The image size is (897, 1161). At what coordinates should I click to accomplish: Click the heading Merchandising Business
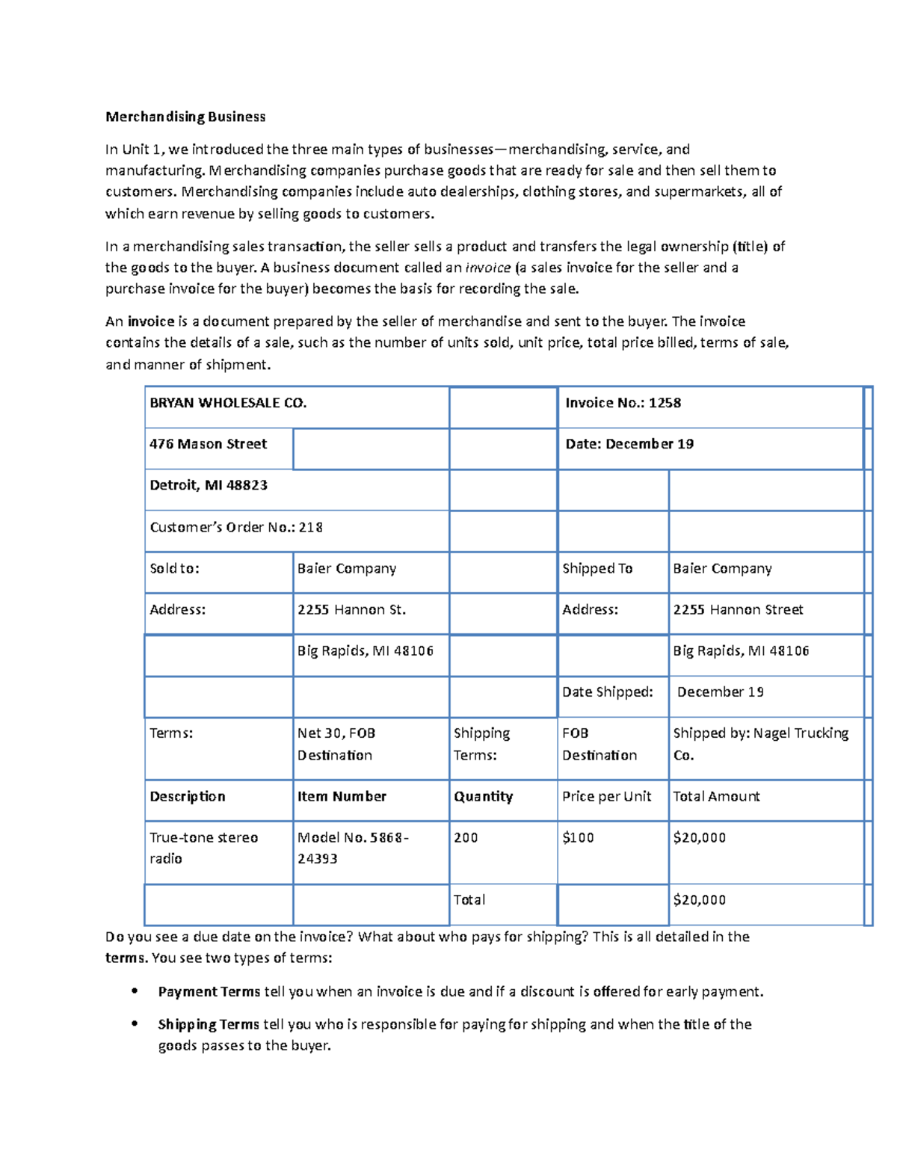pos(185,117)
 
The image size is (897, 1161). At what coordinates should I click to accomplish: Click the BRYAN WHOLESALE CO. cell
pos(228,403)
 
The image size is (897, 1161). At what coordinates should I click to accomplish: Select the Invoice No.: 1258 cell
pos(623,403)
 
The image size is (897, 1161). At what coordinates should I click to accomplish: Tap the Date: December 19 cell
pos(629,444)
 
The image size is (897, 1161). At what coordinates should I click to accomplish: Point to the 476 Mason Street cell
pos(208,444)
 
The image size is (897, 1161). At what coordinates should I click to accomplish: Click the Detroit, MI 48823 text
pos(209,485)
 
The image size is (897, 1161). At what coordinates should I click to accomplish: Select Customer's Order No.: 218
pos(236,527)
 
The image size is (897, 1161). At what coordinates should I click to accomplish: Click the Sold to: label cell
pos(175,568)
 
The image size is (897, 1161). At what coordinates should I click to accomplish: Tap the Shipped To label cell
pos(597,568)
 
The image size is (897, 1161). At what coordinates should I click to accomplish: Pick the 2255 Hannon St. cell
pos(351,609)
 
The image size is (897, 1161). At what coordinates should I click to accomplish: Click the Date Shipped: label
pos(607,692)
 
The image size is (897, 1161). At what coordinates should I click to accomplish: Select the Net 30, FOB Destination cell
pos(336,744)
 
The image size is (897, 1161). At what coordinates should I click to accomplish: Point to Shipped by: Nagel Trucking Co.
pos(760,744)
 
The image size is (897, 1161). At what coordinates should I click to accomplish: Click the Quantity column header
pos(483,796)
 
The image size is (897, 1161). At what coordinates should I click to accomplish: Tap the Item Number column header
pos(342,796)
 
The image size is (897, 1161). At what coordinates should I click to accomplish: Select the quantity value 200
pos(466,837)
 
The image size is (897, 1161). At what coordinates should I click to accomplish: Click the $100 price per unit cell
pos(578,837)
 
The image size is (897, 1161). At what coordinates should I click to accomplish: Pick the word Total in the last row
pos(469,900)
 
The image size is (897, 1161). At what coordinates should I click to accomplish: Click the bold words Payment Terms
pos(209,992)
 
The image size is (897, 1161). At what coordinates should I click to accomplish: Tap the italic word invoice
pos(488,268)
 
